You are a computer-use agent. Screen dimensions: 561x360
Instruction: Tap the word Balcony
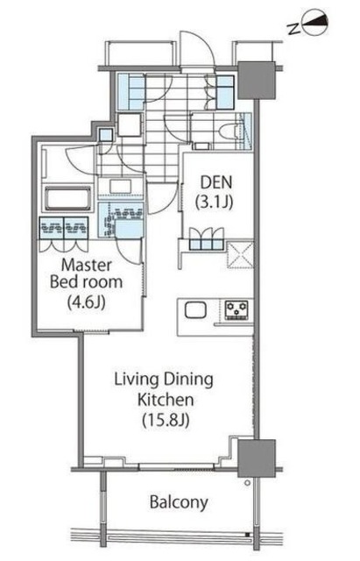coord(179,502)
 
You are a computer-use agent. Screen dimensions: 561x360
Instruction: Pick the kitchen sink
coord(195,309)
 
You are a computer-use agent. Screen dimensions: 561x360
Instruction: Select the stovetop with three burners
coord(236,309)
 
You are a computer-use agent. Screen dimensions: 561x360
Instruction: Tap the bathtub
coord(67,197)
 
